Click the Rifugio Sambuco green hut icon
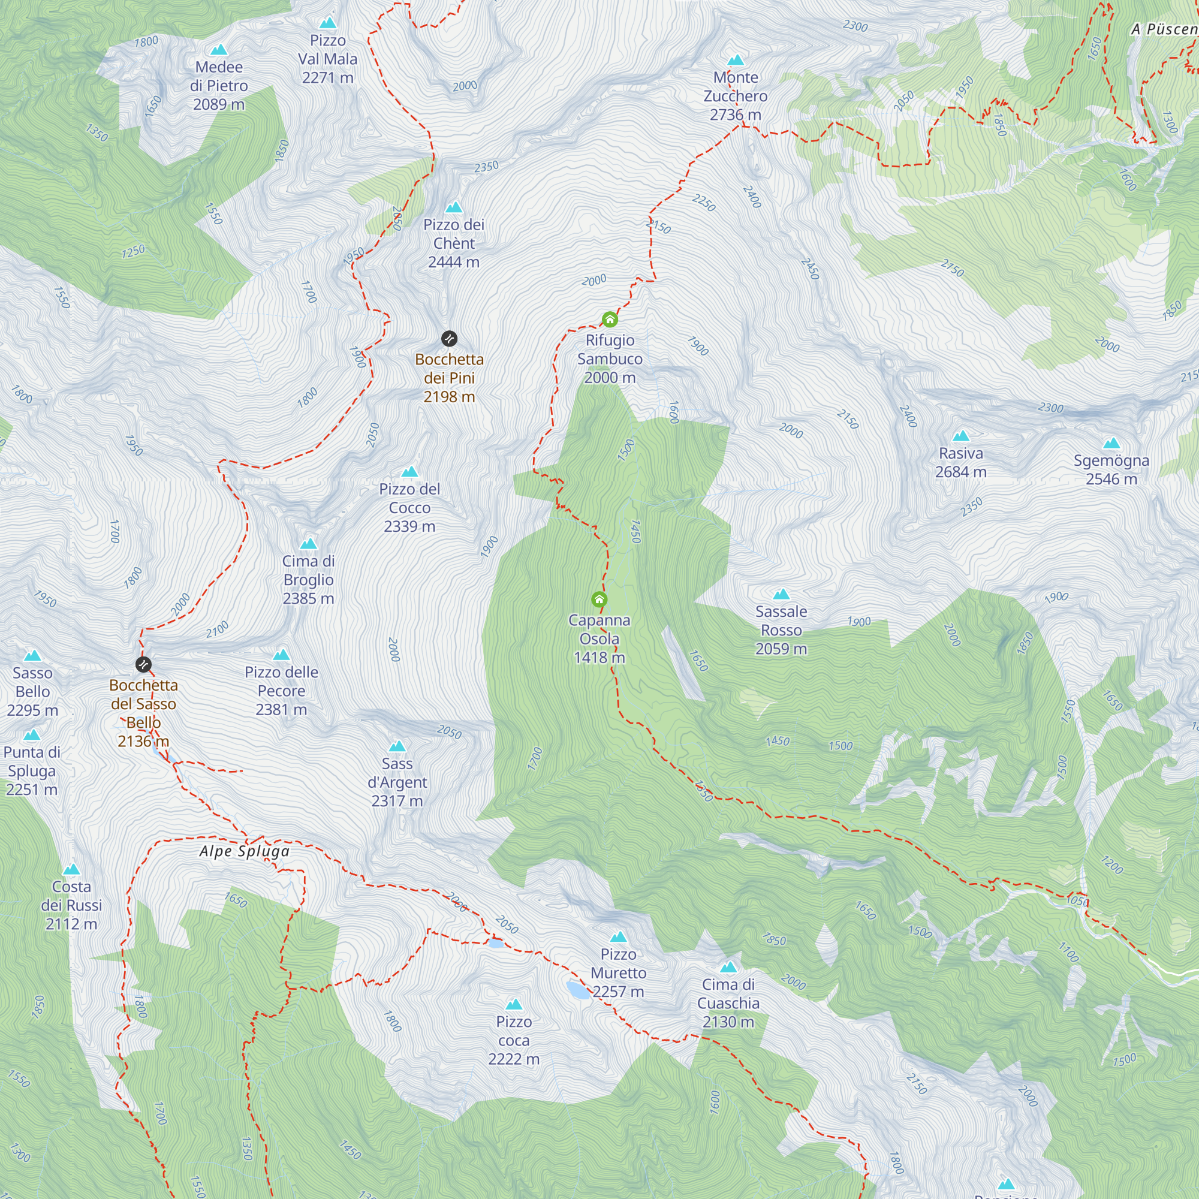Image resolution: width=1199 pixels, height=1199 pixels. pos(610,320)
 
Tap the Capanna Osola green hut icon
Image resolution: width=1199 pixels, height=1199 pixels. pos(599,599)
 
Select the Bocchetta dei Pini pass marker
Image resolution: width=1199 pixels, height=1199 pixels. pos(449,339)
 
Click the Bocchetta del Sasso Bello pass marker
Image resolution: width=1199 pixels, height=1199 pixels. pos(143,665)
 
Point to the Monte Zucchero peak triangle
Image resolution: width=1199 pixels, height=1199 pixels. pos(736,60)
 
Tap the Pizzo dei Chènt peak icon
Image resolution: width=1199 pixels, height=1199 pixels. pos(454,207)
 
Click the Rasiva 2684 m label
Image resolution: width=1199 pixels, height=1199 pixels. pos(960,462)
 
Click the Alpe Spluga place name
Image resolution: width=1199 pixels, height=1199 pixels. pos(245,851)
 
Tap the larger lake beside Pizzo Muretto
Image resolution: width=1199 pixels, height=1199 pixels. pos(579,989)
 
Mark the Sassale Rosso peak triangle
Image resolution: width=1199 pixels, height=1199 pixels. pos(781,595)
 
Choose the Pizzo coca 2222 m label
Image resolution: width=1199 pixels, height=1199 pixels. pos(514,1040)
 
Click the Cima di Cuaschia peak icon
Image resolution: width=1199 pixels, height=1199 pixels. pos(728,967)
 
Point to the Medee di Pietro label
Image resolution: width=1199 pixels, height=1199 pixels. pos(218,86)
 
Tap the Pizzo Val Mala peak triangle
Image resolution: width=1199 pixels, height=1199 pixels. pos(328,23)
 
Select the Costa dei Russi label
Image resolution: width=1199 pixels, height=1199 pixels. pos(71,905)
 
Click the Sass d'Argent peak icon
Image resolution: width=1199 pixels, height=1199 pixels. pos(397,746)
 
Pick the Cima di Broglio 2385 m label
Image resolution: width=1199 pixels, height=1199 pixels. pos(308,580)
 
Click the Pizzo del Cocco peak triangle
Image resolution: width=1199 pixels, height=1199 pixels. pos(409,472)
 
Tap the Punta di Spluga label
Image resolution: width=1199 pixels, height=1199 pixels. pos(32,771)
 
